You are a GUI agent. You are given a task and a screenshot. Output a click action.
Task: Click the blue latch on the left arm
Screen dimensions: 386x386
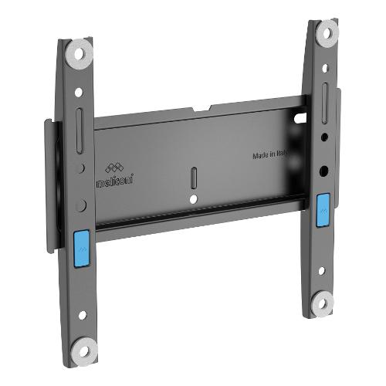82,249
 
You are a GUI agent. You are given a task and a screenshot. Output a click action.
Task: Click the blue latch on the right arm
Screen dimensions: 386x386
323,211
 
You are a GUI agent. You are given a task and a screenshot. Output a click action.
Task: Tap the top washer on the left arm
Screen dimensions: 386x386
80,55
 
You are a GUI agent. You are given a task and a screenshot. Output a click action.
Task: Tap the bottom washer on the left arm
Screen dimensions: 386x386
84,352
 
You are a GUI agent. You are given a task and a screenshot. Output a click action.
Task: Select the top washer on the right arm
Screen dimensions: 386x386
327,33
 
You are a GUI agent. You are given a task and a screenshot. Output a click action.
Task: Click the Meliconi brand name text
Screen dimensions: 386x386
115,180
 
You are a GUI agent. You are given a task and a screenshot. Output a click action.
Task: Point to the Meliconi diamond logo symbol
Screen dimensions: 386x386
114,168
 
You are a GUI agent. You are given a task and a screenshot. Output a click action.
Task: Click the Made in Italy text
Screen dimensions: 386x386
269,154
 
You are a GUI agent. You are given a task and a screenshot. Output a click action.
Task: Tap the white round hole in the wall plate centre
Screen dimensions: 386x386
193,199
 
